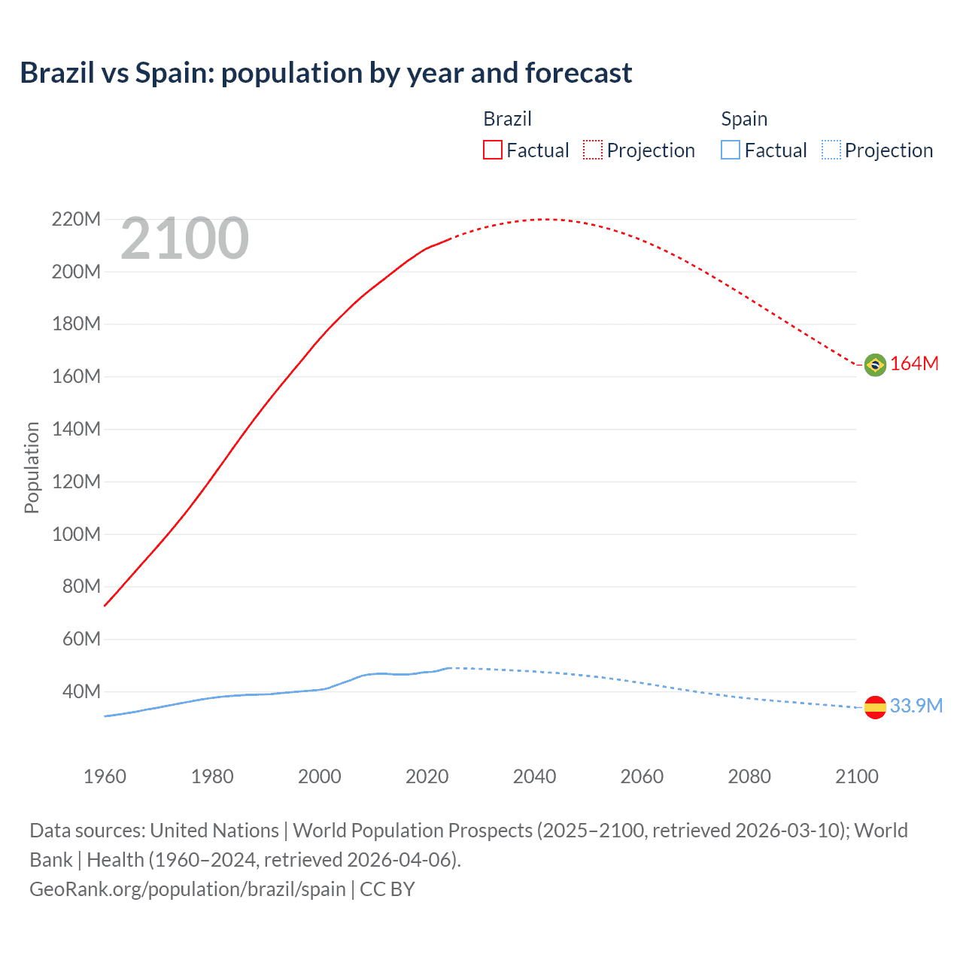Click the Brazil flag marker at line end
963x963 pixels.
[875, 365]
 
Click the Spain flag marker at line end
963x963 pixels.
[875, 707]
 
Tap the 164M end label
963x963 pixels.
[914, 364]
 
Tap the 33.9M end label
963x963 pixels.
[916, 706]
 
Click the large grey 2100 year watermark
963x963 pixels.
[184, 238]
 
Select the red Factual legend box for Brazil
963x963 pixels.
[493, 150]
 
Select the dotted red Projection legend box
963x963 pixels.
[593, 150]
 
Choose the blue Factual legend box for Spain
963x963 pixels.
[731, 150]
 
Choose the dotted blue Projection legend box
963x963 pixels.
[831, 150]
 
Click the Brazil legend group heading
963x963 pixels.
[507, 119]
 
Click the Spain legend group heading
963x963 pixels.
[744, 119]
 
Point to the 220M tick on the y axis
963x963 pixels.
[76, 219]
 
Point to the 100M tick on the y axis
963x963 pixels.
[76, 534]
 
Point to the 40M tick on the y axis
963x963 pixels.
[81, 691]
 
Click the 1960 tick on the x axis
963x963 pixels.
[105, 776]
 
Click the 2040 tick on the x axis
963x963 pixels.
[534, 776]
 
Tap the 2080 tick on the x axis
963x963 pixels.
[749, 776]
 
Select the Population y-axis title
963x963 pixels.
[32, 467]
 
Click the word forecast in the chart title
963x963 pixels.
[579, 73]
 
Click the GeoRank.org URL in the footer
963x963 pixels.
[187, 889]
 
